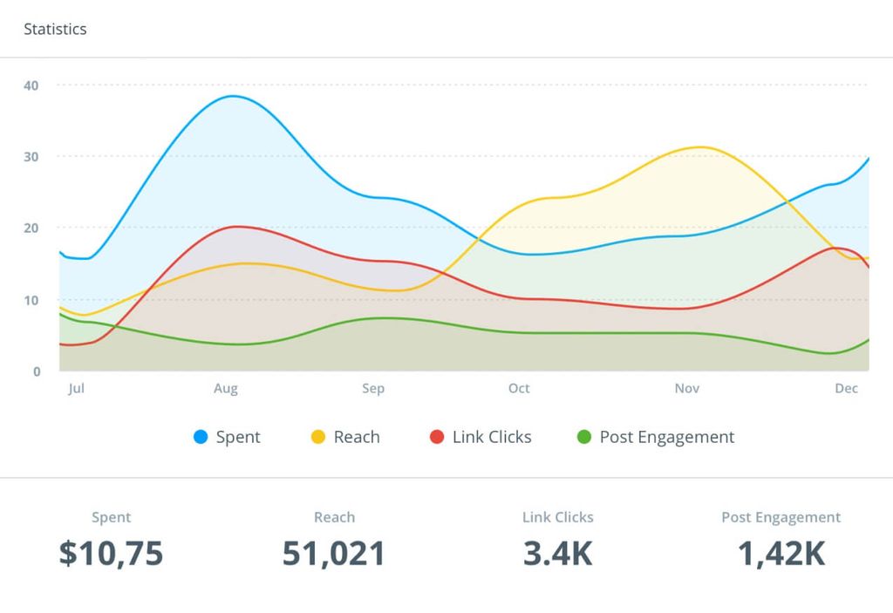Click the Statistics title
(55, 29)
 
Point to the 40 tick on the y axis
(31, 85)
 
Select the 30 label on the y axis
(31, 157)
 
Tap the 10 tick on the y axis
(31, 300)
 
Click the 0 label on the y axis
(37, 371)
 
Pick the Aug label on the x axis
(226, 388)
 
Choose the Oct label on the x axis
(519, 388)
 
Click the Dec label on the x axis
(846, 388)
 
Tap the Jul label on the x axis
(76, 388)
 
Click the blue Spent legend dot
(201, 437)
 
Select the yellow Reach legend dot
(318, 437)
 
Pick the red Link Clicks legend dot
(437, 437)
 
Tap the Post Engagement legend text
(667, 437)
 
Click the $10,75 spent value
(111, 553)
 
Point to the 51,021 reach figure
(334, 553)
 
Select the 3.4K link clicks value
(557, 553)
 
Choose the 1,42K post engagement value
(781, 553)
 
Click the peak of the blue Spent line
(234, 96)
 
